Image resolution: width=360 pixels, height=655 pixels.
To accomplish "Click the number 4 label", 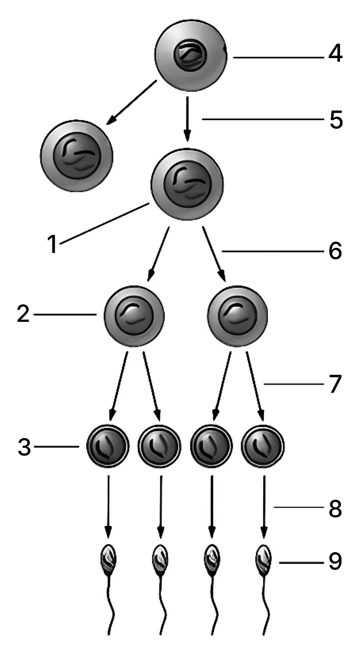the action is coord(335,53).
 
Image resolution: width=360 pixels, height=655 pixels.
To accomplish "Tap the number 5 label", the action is coord(336,120).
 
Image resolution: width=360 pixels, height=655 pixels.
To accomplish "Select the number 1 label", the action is coord(52,244).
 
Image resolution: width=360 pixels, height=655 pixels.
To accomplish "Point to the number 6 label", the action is coord(335,251).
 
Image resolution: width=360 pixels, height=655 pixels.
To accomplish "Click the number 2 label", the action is coord(23,314).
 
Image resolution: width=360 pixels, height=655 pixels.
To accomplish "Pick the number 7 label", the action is coord(335,384).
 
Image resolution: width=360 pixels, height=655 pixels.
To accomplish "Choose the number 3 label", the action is coord(24,447).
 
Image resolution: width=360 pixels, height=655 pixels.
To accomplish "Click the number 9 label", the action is coord(335,561).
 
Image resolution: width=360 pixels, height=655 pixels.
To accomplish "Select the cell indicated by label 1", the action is coord(187,184).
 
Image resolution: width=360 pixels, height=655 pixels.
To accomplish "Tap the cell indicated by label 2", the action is coord(134,316).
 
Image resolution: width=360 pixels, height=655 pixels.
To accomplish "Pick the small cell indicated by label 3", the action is coord(107,446).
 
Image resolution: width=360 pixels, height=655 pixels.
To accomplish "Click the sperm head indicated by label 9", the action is coord(263,560).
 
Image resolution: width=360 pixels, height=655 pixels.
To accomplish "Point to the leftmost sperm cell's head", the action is coord(109,560).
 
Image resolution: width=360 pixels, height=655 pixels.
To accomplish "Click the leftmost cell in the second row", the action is coord(77,156).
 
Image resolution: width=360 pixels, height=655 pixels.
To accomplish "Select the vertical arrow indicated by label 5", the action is coord(188,119).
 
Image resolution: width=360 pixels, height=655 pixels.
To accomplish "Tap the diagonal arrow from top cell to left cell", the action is coord(131,102).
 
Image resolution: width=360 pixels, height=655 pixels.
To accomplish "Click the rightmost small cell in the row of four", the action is coord(263,446).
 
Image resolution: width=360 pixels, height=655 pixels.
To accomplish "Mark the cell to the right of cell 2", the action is coord(238,316).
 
